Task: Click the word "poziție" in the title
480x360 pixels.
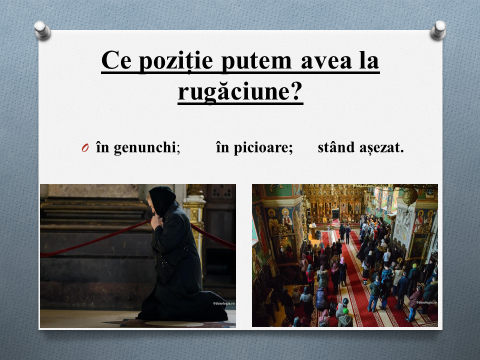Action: [x=176, y=61]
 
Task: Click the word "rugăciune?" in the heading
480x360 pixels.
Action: [x=240, y=92]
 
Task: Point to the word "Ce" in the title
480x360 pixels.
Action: [x=116, y=60]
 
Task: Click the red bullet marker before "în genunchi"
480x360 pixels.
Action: [x=85, y=148]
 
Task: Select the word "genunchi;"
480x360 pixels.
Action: [x=147, y=148]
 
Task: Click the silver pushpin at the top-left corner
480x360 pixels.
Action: [x=42, y=30]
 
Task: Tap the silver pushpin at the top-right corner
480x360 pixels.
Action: [x=438, y=30]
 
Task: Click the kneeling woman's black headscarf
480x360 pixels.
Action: [x=162, y=200]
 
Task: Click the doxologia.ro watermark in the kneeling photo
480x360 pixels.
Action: [x=224, y=303]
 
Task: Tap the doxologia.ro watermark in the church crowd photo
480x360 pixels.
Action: [x=426, y=302]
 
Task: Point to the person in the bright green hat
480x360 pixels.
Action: [x=345, y=317]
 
